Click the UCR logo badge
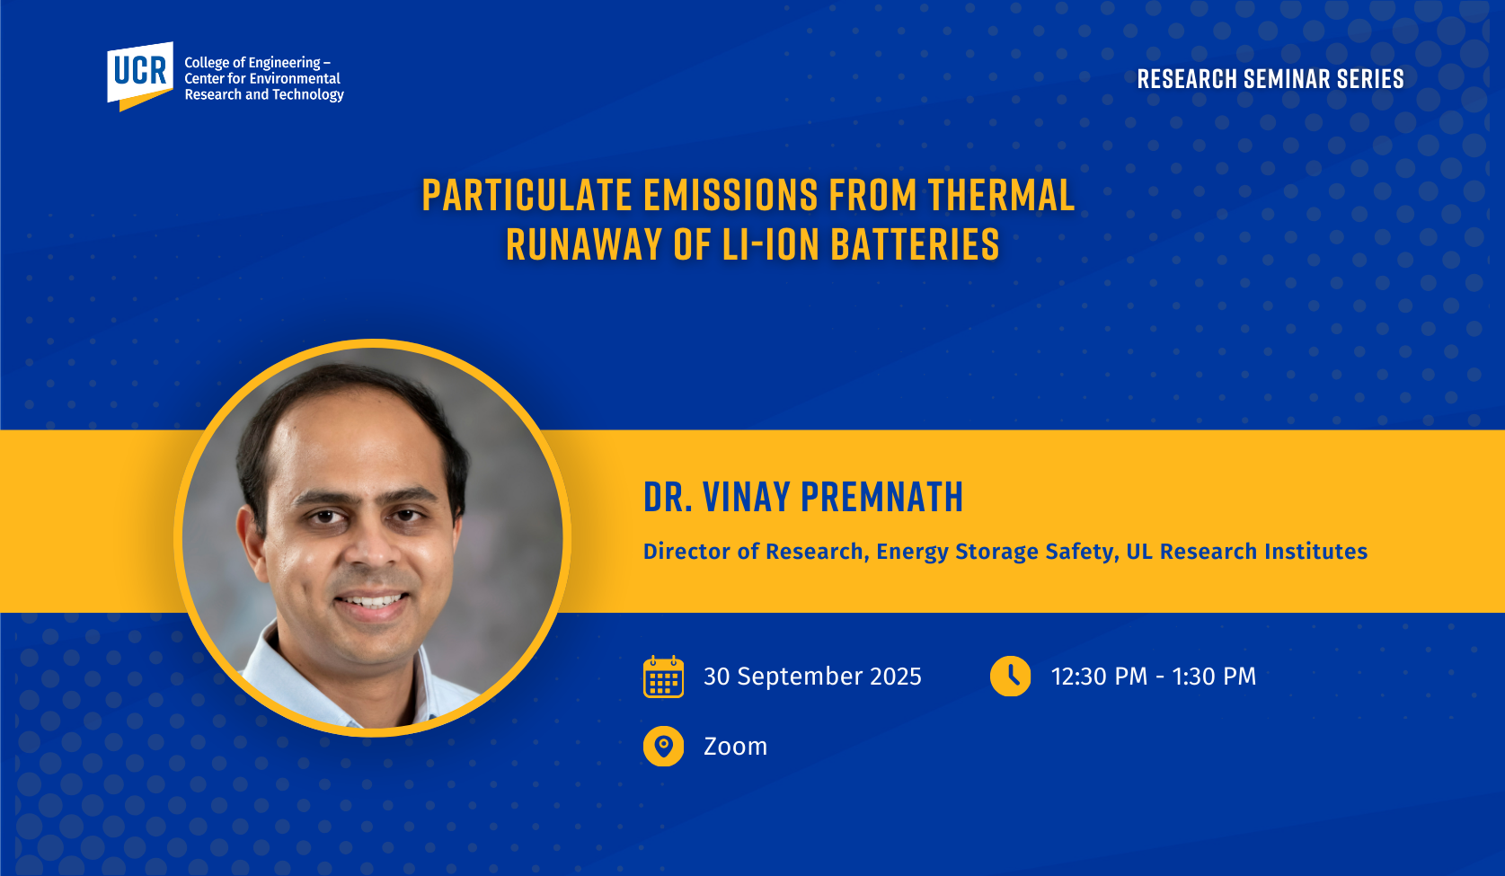[x=140, y=75]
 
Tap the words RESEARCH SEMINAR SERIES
[x=1270, y=79]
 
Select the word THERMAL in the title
[x=1002, y=196]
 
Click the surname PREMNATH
[x=882, y=498]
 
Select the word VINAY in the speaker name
[x=747, y=498]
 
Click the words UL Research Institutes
[x=1246, y=552]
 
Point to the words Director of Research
[x=753, y=552]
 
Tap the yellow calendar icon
[x=663, y=677]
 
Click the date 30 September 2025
[x=812, y=677]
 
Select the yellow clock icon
[x=1010, y=676]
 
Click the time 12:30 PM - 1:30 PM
[x=1153, y=677]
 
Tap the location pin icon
[x=663, y=747]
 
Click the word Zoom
[x=735, y=747]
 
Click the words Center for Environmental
[x=262, y=78]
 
